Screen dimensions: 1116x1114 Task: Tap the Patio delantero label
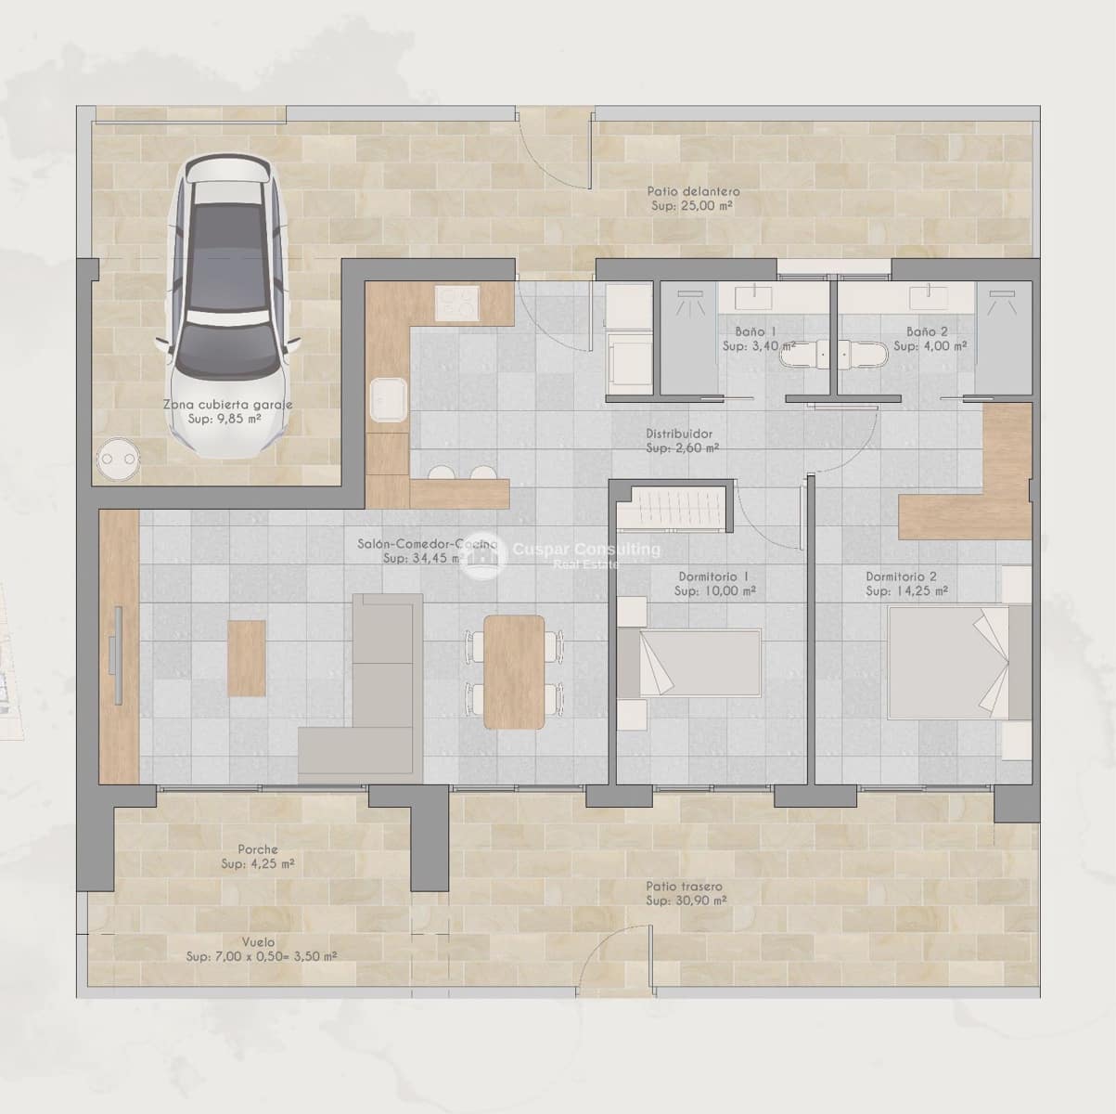click(x=693, y=191)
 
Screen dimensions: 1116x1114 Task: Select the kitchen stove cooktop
click(x=458, y=301)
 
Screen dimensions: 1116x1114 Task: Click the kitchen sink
click(x=387, y=401)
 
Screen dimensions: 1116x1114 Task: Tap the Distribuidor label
click(x=679, y=434)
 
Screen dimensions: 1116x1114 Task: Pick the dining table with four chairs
click(x=514, y=671)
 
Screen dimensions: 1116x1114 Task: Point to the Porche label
click(x=258, y=849)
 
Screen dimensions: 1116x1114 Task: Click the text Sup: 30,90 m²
click(x=686, y=900)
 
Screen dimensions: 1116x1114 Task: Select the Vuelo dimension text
click(x=261, y=956)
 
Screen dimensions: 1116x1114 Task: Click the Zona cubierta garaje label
click(x=228, y=405)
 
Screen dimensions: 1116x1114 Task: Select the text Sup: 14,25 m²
click(x=906, y=590)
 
